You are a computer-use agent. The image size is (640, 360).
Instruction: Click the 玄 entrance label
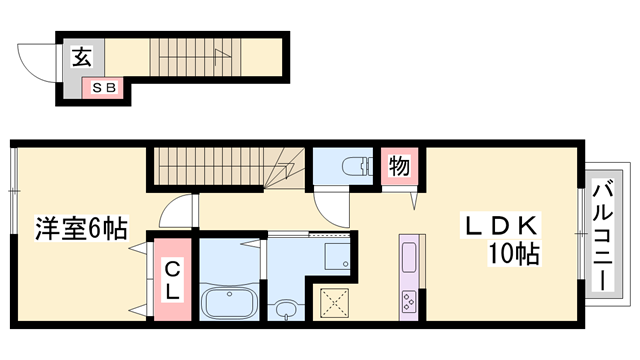click(x=82, y=56)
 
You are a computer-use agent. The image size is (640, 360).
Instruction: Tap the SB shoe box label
click(x=105, y=87)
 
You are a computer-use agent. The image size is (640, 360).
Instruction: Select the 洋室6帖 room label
click(x=81, y=228)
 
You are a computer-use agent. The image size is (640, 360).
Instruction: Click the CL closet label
click(x=172, y=280)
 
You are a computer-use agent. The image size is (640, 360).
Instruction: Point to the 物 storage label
click(x=399, y=166)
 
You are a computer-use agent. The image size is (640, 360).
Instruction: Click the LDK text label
click(x=501, y=225)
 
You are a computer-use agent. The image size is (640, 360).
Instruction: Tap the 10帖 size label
click(x=514, y=253)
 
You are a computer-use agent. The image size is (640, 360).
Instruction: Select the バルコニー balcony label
click(x=604, y=237)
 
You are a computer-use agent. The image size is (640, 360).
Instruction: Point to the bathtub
click(x=229, y=302)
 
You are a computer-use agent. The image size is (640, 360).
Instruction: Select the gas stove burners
click(x=409, y=302)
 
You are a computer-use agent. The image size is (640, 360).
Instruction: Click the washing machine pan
click(x=337, y=256)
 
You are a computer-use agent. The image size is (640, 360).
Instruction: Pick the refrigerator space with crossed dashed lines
click(x=334, y=303)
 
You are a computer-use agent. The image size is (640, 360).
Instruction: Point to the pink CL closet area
click(x=172, y=280)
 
